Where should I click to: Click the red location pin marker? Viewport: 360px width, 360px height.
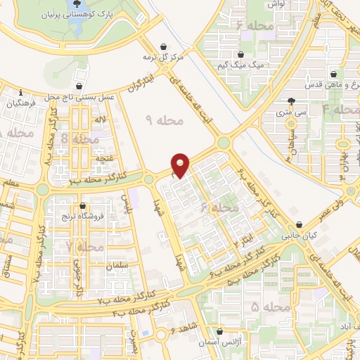tap(181, 165)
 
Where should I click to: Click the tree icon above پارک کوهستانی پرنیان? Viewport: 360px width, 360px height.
tap(77, 3)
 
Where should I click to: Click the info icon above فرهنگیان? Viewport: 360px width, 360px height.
tap(23, 93)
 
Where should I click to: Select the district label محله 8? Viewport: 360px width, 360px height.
tap(82, 139)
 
